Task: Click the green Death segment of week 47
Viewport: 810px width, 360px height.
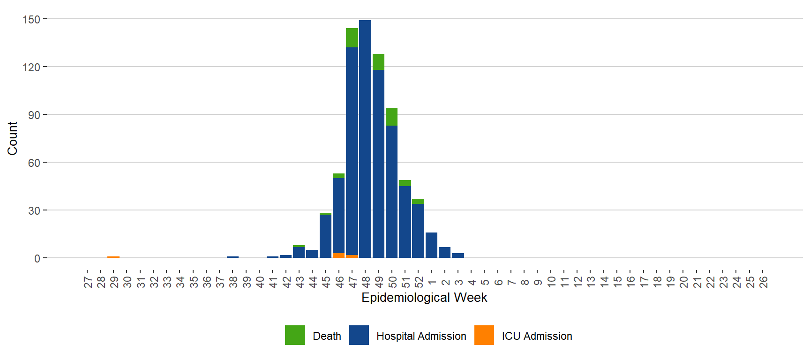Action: point(352,38)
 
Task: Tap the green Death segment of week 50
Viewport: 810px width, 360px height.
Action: point(392,117)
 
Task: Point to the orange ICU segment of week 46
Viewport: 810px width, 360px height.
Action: point(338,255)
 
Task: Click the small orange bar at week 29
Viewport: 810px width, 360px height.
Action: point(113,257)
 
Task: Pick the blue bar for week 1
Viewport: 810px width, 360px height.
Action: point(431,245)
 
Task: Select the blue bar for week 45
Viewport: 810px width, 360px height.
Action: point(325,236)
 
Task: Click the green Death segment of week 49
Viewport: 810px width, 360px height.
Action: point(378,62)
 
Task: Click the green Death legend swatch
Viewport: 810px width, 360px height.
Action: point(295,335)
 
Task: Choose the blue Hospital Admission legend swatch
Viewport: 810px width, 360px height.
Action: point(359,335)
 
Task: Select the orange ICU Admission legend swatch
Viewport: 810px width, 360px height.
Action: point(484,335)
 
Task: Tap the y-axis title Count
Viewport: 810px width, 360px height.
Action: point(12,138)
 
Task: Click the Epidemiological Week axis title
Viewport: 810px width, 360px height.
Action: point(424,298)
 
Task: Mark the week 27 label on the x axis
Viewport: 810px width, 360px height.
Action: point(88,282)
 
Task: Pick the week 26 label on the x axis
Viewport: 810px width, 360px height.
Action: point(763,282)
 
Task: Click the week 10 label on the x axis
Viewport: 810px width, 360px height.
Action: point(551,282)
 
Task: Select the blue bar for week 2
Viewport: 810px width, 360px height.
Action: point(444,252)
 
